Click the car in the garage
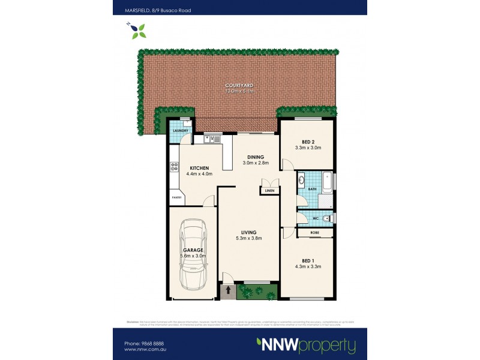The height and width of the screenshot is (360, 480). [x=194, y=255]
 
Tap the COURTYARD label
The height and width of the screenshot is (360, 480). [x=239, y=86]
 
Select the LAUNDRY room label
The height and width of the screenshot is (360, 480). [x=181, y=131]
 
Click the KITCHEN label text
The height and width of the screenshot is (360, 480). [x=199, y=168]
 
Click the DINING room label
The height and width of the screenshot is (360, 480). [x=255, y=157]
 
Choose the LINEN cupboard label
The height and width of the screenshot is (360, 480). [x=269, y=191]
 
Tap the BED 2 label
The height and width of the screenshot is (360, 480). [x=308, y=141]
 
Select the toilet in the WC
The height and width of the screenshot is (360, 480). [x=326, y=218]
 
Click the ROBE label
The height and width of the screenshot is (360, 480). [x=314, y=232]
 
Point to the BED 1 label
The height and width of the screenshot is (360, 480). [x=308, y=260]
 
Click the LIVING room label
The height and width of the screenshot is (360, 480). [x=249, y=232]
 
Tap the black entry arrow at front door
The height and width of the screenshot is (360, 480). [x=228, y=291]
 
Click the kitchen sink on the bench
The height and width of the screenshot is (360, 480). [x=212, y=140]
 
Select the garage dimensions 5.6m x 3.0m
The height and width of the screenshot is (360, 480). [x=193, y=256]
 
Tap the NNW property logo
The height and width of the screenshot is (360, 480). [x=306, y=345]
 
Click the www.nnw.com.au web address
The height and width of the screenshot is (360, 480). [x=144, y=350]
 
